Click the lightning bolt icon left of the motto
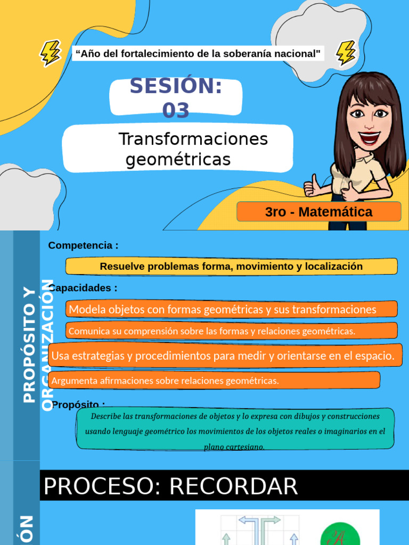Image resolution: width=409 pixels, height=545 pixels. (x=51, y=53)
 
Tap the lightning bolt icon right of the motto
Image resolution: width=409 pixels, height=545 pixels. (x=346, y=53)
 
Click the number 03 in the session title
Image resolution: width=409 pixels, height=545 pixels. (x=176, y=111)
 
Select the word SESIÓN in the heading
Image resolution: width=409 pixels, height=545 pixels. (x=176, y=86)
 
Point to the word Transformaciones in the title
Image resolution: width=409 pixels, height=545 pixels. (x=193, y=139)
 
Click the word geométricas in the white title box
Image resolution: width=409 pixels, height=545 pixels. (x=178, y=160)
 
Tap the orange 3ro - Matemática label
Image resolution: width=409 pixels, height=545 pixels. (x=318, y=212)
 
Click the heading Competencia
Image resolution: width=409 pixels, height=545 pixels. (x=83, y=245)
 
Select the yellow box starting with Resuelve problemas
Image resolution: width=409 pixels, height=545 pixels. (x=231, y=266)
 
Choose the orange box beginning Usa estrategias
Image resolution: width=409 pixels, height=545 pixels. (x=223, y=356)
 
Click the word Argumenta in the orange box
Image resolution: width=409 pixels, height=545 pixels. (x=75, y=381)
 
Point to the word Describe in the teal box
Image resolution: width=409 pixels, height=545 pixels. (x=105, y=416)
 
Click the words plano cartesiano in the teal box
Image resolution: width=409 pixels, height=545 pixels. (x=234, y=447)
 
